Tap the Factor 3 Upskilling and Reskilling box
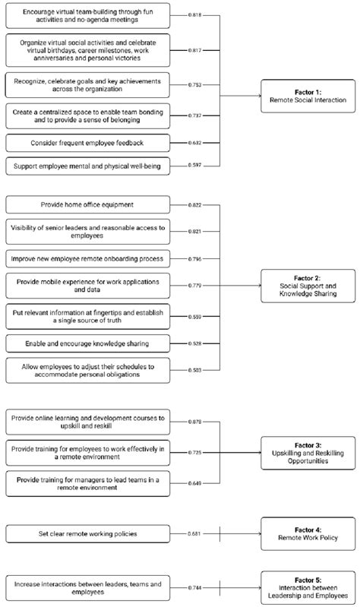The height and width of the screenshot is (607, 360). (307, 452)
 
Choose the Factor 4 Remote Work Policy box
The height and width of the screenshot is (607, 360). (307, 534)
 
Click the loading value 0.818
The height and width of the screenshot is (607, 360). (196, 14)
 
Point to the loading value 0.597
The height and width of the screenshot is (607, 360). (196, 166)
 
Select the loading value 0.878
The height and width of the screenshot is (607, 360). (196, 421)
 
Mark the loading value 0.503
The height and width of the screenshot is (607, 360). (196, 371)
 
